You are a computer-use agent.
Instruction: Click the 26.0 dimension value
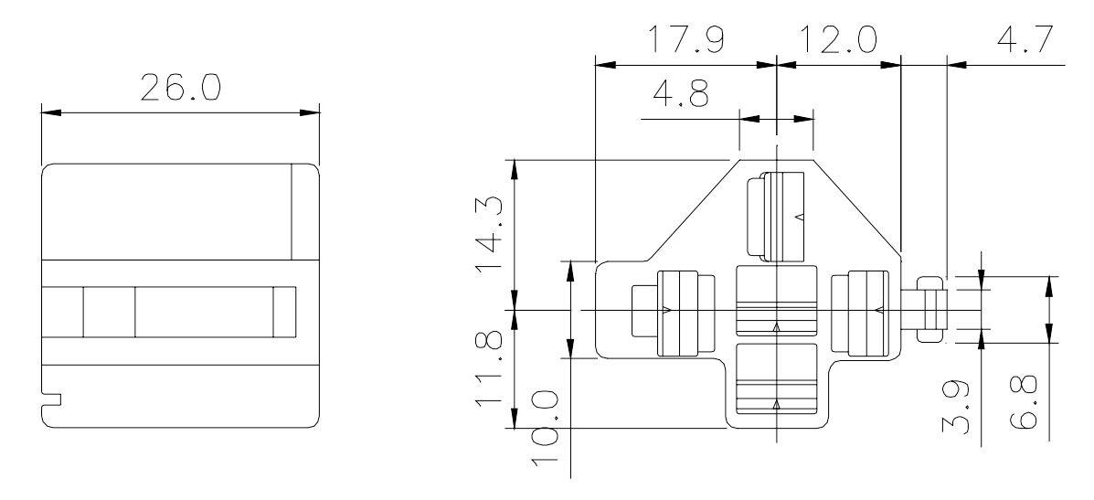(x=180, y=89)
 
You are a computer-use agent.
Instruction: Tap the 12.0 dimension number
(x=838, y=40)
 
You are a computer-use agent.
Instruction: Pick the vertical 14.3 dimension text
(x=490, y=238)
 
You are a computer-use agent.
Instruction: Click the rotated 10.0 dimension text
(x=546, y=439)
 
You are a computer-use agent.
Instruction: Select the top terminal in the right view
(x=774, y=216)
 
